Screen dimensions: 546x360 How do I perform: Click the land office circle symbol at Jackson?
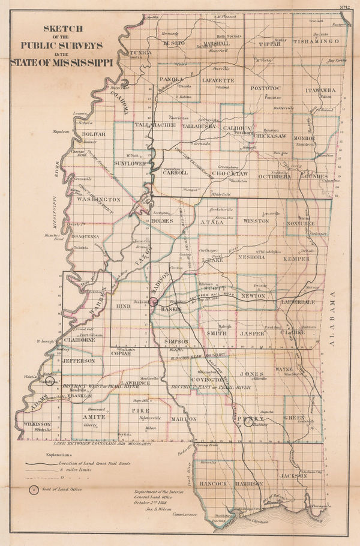tap(153, 303)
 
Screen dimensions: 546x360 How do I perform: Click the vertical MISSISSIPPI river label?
tap(58, 198)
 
